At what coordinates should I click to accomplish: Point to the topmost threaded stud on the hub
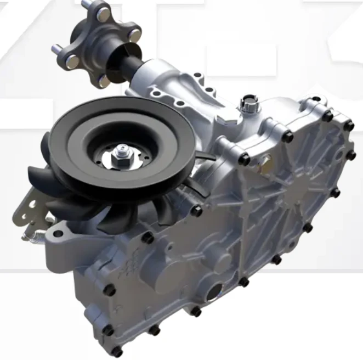85,4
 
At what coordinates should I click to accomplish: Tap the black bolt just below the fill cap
244,160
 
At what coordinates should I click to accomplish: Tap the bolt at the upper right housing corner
348,126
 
